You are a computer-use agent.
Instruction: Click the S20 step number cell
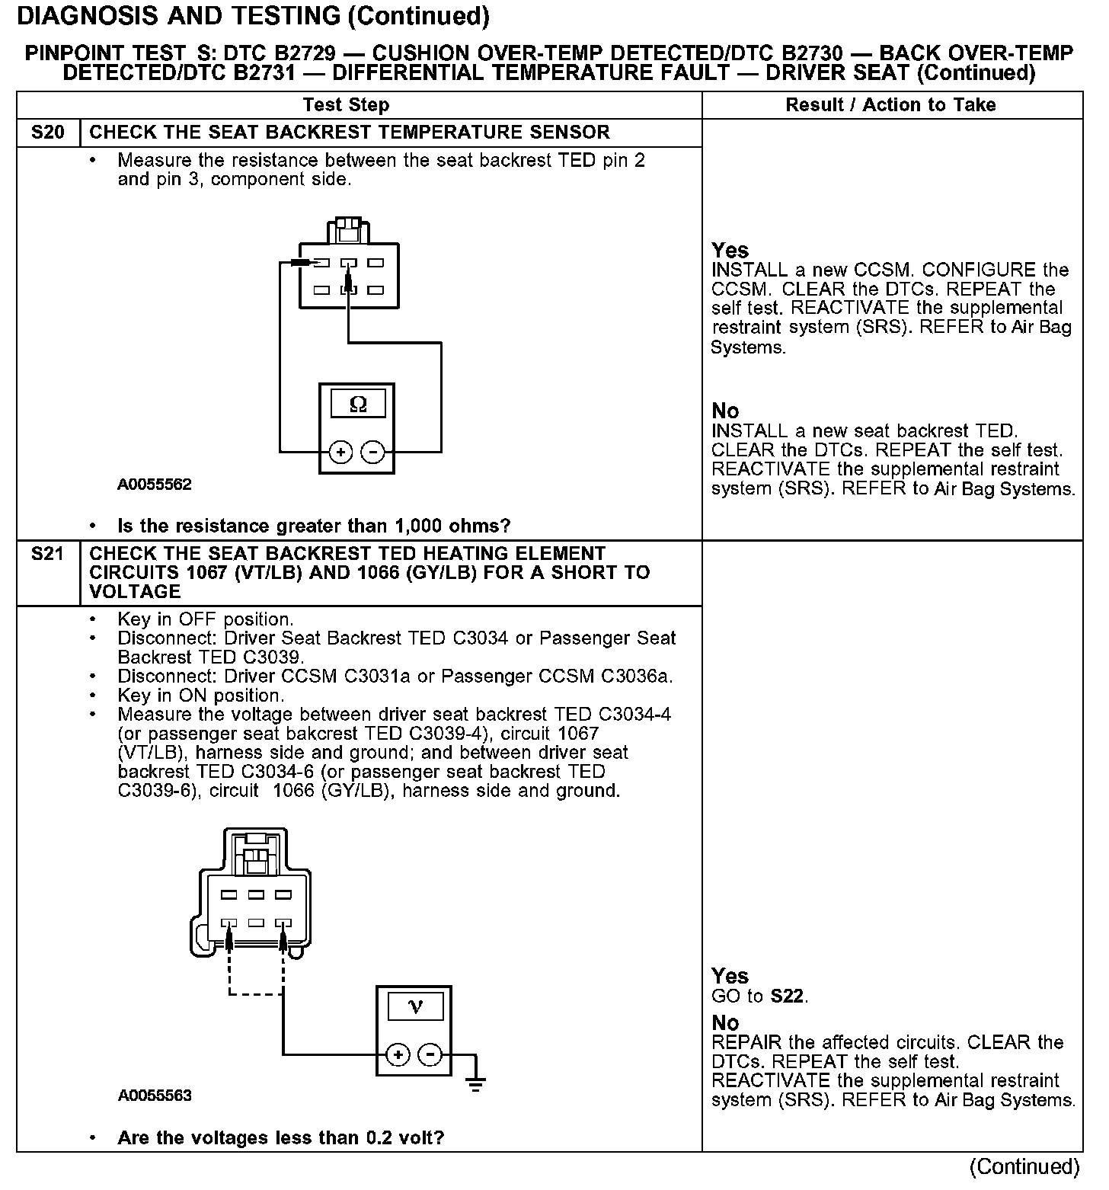48,133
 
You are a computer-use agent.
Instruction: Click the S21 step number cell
48,554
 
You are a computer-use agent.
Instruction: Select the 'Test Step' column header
346,105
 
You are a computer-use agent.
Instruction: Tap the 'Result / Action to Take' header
890,105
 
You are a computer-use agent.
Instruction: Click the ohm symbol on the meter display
357,404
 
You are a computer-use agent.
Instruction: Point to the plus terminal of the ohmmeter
340,453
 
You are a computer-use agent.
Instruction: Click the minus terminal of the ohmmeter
372,453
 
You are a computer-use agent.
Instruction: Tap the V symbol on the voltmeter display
415,1007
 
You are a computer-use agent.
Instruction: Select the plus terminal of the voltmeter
398,1055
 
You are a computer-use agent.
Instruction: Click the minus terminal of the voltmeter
430,1055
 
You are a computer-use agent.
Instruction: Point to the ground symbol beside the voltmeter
476,1083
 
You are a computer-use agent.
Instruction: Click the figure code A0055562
154,485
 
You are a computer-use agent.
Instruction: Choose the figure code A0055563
154,1096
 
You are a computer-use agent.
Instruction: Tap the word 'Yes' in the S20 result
730,251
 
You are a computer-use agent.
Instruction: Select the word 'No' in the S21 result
725,1023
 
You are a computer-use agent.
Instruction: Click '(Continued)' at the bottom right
1024,1167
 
